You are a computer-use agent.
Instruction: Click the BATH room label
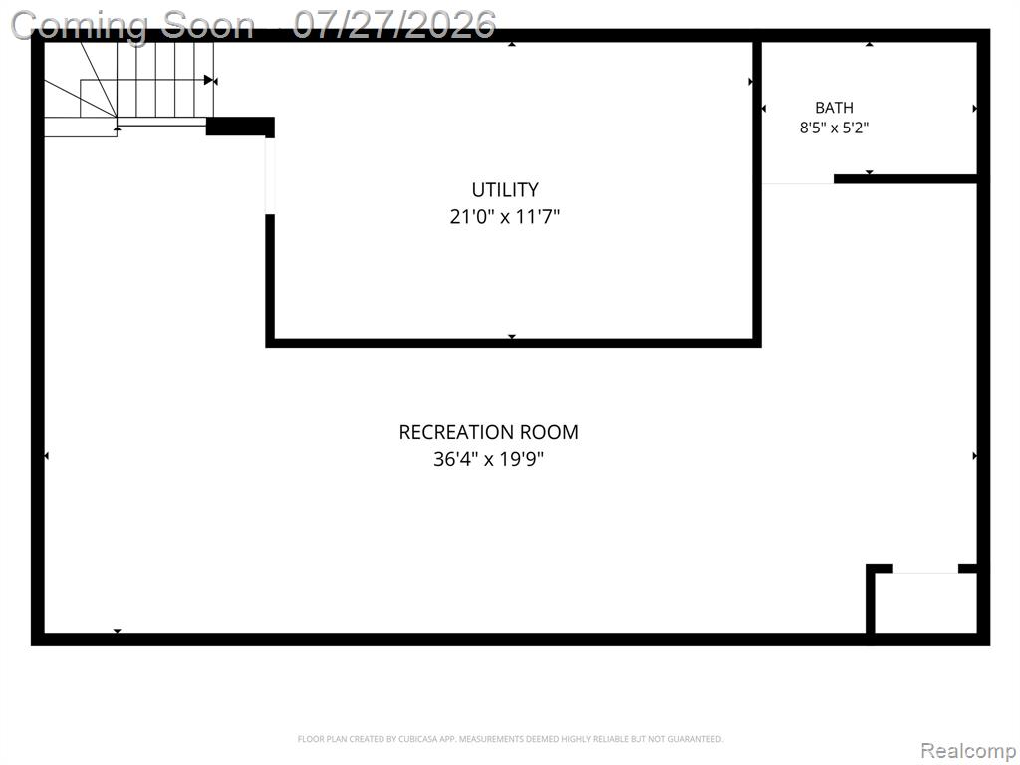click(x=834, y=108)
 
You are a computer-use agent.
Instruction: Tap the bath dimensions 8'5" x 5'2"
click(x=834, y=127)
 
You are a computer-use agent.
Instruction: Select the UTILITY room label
click(x=505, y=190)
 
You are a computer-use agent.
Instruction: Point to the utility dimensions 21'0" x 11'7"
click(x=505, y=216)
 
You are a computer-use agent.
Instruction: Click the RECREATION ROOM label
click(x=488, y=432)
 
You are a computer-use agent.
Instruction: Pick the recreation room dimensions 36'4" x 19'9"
click(x=488, y=460)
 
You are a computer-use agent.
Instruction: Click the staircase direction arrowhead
click(x=209, y=80)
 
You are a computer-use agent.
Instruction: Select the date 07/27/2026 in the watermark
click(x=394, y=25)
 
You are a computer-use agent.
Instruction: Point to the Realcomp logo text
click(x=968, y=750)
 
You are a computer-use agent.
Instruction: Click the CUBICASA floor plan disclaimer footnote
click(x=510, y=739)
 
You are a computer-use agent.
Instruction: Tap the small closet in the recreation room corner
click(x=925, y=601)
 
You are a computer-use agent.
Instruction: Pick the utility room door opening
click(x=269, y=175)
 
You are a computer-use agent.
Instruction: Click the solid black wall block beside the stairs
click(x=240, y=127)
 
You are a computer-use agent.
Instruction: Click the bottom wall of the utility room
click(x=513, y=343)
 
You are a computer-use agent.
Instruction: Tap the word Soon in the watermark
click(x=207, y=26)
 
